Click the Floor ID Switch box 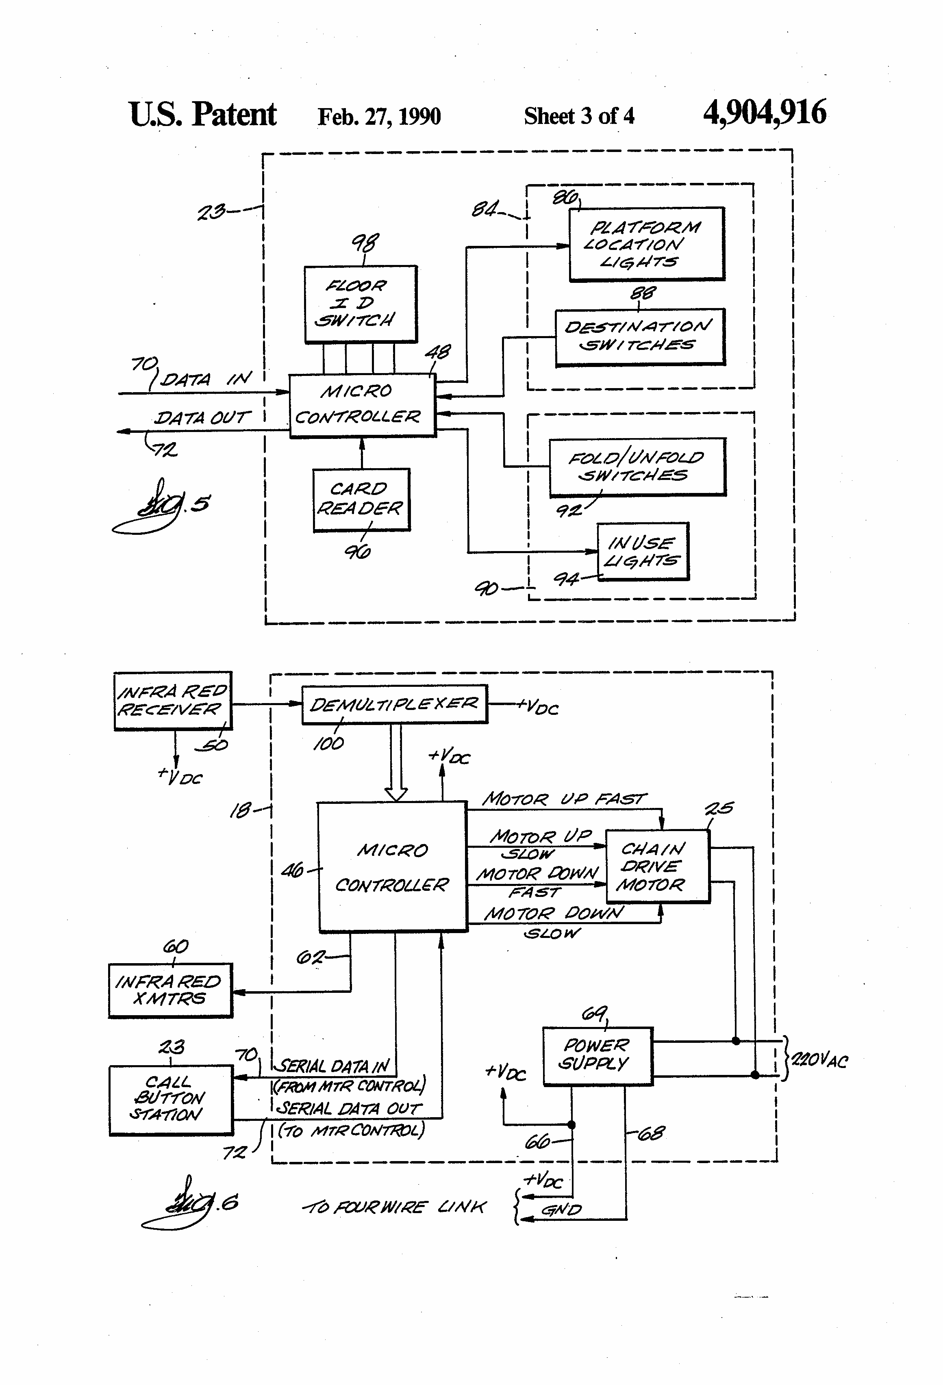[x=360, y=304]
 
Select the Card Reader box [x=361, y=499]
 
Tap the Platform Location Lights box [x=646, y=244]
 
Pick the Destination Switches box [x=640, y=337]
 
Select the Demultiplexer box [x=394, y=704]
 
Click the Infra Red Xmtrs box [x=170, y=990]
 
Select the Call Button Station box [x=170, y=1100]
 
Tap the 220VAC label [x=819, y=1060]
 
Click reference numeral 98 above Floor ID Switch [x=365, y=243]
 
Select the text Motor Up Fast [x=563, y=799]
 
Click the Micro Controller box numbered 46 [x=391, y=866]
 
